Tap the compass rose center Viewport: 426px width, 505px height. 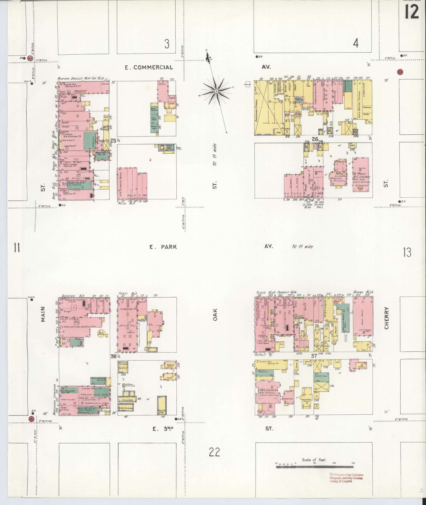click(x=216, y=91)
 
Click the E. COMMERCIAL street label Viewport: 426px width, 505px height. click(x=149, y=68)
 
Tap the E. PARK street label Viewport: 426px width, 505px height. click(x=163, y=247)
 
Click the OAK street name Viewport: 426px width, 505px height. click(x=215, y=315)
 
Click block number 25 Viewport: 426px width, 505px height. click(x=113, y=141)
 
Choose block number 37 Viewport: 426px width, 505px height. click(x=313, y=356)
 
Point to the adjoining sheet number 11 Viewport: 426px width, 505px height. click(x=17, y=248)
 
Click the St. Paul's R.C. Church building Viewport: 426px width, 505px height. click(x=361, y=174)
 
